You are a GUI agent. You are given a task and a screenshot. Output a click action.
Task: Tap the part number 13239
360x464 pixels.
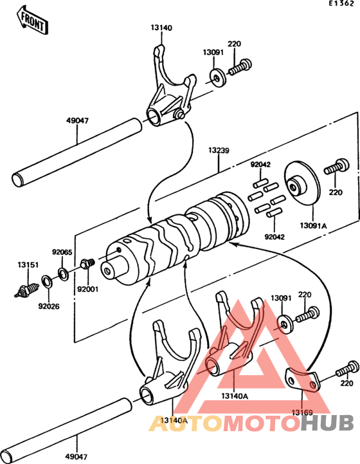tap(217, 151)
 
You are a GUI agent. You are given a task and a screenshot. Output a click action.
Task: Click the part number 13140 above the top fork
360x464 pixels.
tap(161, 28)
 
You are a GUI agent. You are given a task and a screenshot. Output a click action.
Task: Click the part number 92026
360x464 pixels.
tap(47, 306)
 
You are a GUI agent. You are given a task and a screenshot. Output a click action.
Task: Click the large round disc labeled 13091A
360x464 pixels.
tap(301, 187)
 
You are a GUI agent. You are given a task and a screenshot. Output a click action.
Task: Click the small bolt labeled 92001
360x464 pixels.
tap(88, 263)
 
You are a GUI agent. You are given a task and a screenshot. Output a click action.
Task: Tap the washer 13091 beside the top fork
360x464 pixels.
tap(217, 77)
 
